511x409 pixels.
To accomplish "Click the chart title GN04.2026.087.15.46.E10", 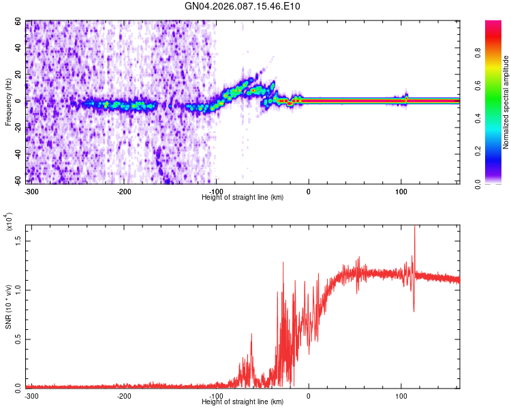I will (243, 6).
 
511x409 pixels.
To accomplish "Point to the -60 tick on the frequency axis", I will (17, 181).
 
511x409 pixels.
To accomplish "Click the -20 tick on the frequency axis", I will (17, 127).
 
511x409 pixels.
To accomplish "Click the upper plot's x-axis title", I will (243, 197).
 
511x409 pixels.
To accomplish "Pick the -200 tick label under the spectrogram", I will (124, 192).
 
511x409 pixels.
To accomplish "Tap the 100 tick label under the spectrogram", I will (401, 192).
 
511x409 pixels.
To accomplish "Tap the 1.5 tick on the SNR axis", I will (17, 241).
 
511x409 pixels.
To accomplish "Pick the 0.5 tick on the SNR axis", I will (17, 338).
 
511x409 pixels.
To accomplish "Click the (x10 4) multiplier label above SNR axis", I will (9, 222).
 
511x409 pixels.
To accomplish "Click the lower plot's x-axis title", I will (243, 402).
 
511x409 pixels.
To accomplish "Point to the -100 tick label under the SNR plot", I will (216, 396).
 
